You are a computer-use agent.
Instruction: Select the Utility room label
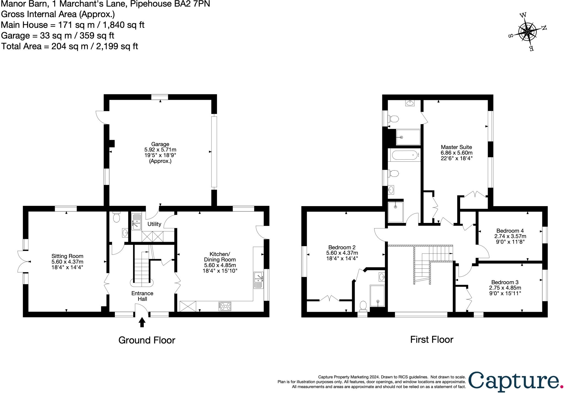pyautogui.click(x=154, y=224)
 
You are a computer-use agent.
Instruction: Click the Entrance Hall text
pyautogui.click(x=142, y=296)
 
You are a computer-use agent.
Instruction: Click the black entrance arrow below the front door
pyautogui.click(x=142, y=322)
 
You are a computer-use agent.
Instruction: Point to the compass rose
pyautogui.click(x=527, y=32)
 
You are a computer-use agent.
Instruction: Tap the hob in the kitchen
pyautogui.click(x=225, y=306)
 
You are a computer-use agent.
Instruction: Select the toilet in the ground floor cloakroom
pyautogui.click(x=116, y=217)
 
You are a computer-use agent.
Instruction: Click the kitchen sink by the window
pyautogui.click(x=259, y=280)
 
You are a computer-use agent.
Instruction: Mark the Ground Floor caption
pyautogui.click(x=147, y=340)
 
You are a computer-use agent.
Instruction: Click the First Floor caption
pyautogui.click(x=432, y=339)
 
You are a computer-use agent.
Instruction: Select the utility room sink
pyautogui.click(x=136, y=222)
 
